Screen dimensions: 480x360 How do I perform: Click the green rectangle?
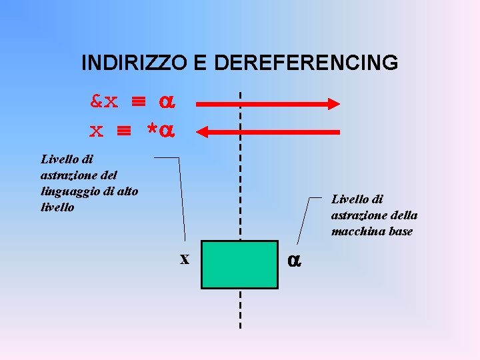239,264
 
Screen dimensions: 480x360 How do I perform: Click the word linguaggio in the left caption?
67,191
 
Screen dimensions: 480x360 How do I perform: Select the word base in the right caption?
398,231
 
